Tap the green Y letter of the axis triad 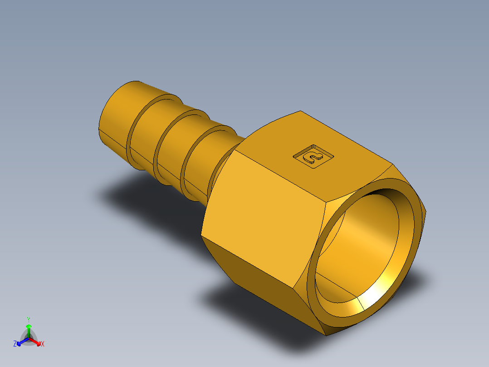[29, 319]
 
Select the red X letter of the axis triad [43, 344]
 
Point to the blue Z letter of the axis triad [15, 344]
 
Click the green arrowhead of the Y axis [29, 327]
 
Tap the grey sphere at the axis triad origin [29, 339]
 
